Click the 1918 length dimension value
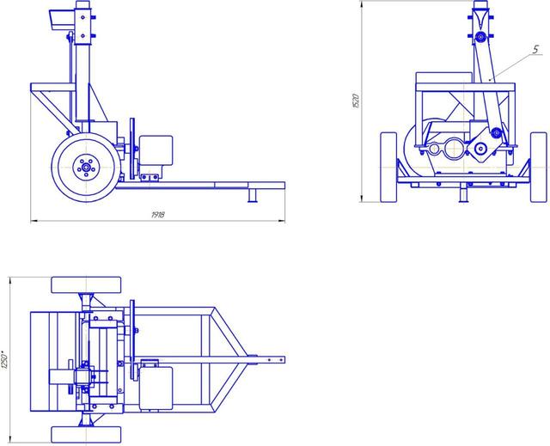[x=158, y=215]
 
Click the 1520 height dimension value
[x=356, y=101]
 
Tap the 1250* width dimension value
[x=4, y=359]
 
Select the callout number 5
[x=535, y=50]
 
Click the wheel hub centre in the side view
[x=86, y=168]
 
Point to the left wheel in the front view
[x=388, y=168]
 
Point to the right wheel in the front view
[x=539, y=168]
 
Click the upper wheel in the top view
[x=86, y=285]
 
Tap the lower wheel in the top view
[x=86, y=435]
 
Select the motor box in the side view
[x=156, y=150]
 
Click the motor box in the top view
[x=156, y=388]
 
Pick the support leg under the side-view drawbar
[x=253, y=195]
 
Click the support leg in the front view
[x=464, y=193]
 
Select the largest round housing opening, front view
[x=455, y=148]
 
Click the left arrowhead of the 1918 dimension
[x=34, y=221]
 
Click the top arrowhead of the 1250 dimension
[x=10, y=280]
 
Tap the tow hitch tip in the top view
[x=284, y=360]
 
